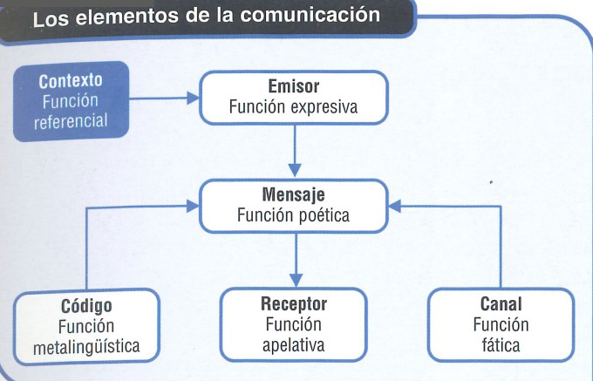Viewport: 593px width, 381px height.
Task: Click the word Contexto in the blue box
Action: click(x=71, y=81)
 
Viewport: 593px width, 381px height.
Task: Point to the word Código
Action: click(x=87, y=307)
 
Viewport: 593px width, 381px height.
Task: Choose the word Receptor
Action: click(x=294, y=305)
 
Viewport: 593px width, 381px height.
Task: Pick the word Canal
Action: click(x=501, y=305)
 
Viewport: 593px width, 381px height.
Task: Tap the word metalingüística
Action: click(x=87, y=348)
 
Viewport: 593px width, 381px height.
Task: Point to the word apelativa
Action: click(x=294, y=346)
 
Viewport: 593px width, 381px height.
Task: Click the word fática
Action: click(x=501, y=346)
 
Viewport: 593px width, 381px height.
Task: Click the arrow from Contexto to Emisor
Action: click(x=165, y=99)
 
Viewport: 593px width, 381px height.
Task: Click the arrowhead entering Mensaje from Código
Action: click(x=193, y=207)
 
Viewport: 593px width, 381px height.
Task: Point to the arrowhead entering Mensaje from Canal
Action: click(x=395, y=207)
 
